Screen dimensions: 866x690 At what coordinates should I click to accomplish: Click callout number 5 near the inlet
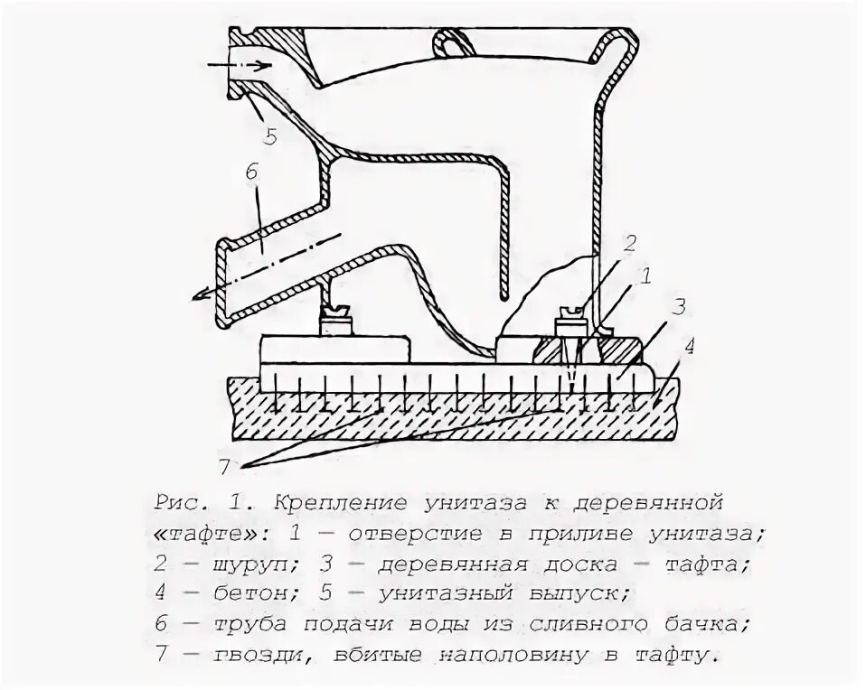point(270,136)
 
